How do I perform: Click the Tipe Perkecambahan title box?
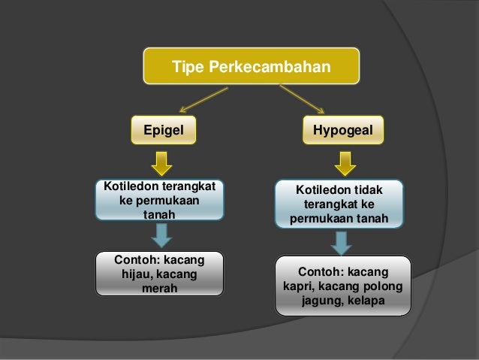(252, 68)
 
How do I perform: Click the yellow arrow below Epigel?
(161, 162)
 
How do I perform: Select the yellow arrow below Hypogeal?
(345, 162)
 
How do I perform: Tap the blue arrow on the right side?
(342, 242)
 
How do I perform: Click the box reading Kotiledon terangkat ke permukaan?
(159, 200)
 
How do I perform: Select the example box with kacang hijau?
(160, 274)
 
